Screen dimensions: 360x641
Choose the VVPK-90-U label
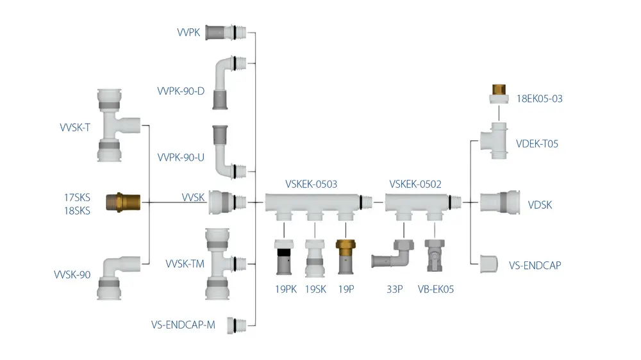coord(181,157)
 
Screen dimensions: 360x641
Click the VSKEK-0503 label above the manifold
coord(311,184)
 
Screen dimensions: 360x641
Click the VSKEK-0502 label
coord(415,184)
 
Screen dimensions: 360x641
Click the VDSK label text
coord(540,205)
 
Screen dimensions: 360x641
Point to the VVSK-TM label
coord(185,263)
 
